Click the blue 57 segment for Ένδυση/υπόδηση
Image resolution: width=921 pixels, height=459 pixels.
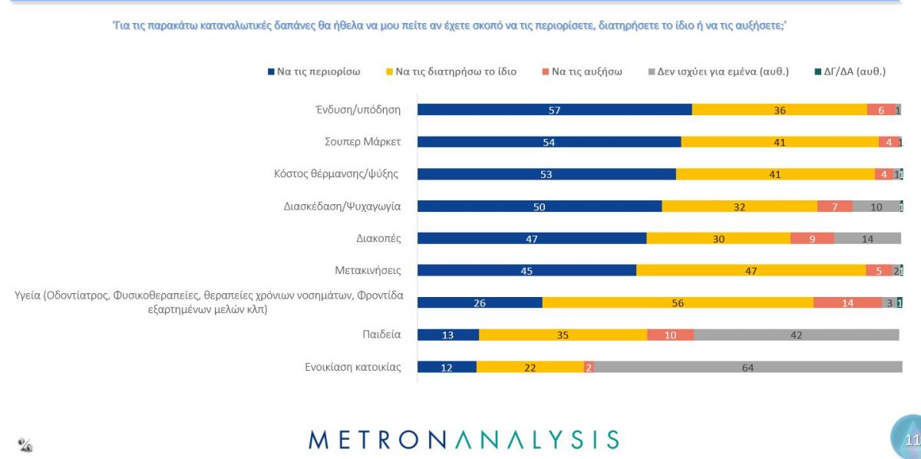click(554, 110)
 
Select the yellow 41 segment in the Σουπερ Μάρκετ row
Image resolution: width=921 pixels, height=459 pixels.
click(780, 142)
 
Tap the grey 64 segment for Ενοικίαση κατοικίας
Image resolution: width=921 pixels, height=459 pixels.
click(747, 367)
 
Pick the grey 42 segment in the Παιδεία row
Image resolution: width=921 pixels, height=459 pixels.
click(796, 335)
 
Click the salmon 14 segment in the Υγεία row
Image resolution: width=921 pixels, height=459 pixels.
click(847, 302)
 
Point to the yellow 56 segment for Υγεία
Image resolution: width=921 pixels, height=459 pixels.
click(678, 302)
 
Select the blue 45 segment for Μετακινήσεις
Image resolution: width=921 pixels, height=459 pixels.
click(527, 270)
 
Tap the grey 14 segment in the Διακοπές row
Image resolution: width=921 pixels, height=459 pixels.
click(867, 238)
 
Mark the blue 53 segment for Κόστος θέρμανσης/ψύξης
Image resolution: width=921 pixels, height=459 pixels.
click(546, 174)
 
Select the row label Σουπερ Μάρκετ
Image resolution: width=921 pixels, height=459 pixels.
click(363, 142)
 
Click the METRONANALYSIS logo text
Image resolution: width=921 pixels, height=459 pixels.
click(464, 439)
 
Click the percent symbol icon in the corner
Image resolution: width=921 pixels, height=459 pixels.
click(25, 444)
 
